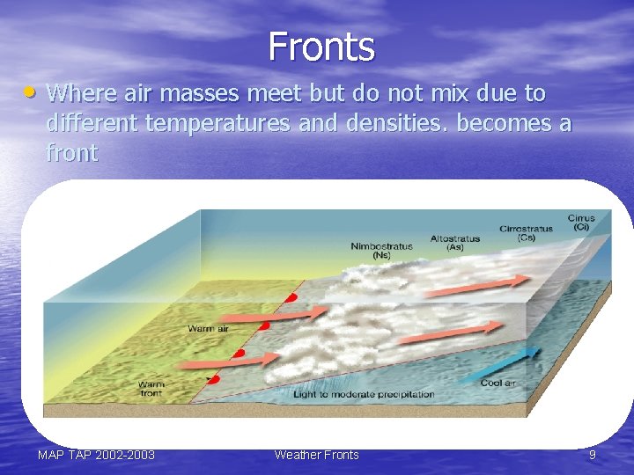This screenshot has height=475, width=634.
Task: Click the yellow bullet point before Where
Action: click(31, 91)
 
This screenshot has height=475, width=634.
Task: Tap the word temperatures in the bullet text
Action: click(217, 123)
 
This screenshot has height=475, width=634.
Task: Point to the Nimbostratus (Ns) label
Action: click(380, 251)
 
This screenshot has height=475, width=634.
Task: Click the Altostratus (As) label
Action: click(454, 243)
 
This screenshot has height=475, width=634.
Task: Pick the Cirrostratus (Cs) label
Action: click(526, 232)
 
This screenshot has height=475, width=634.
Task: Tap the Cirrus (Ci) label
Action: click(581, 222)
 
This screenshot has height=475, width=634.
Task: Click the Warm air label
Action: click(208, 329)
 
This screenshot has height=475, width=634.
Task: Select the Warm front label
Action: click(151, 390)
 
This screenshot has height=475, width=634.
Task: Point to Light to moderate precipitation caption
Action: click(364, 394)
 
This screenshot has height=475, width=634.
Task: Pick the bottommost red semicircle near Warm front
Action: click(214, 379)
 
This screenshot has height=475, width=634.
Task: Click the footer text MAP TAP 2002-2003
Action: click(96, 455)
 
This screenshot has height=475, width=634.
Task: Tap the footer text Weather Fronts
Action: click(317, 455)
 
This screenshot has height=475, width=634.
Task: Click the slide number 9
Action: click(593, 455)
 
